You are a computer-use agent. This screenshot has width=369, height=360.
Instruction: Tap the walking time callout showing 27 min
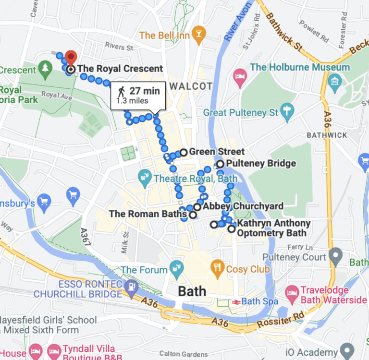coord(138,95)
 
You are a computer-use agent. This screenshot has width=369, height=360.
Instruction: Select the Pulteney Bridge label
coord(260,164)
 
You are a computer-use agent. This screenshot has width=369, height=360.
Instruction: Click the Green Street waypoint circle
coord(183,152)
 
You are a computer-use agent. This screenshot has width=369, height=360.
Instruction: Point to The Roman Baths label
coord(148,214)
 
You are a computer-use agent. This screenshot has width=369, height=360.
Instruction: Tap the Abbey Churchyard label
coord(243,206)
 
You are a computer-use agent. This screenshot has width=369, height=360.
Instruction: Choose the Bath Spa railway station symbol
coord(235,302)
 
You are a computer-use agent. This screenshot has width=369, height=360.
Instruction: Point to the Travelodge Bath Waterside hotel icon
coord(291,292)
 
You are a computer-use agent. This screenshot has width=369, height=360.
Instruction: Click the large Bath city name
coord(192,291)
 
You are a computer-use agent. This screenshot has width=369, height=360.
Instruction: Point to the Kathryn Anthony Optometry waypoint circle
coord(232,229)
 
